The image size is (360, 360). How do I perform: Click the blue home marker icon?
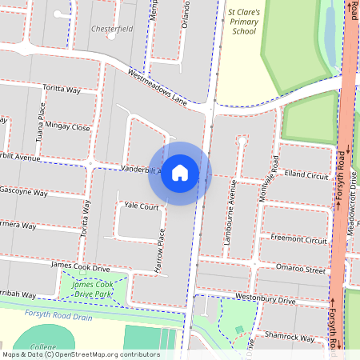pyautogui.click(x=180, y=173)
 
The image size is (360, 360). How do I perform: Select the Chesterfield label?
pyautogui.click(x=111, y=28)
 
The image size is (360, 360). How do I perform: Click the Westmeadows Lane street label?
pyautogui.click(x=157, y=86)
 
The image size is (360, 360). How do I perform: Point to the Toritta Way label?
pyautogui.click(x=62, y=90)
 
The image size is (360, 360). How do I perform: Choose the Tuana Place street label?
pyautogui.click(x=38, y=121)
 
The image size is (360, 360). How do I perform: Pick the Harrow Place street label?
pyautogui.click(x=160, y=249)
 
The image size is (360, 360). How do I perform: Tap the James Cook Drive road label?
pyautogui.click(x=80, y=267)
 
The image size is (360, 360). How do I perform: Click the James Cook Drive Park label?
pyautogui.click(x=93, y=290)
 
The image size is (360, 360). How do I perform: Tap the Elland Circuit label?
pyautogui.click(x=306, y=174)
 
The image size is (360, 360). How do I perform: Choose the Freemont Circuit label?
pyautogui.click(x=298, y=239)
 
